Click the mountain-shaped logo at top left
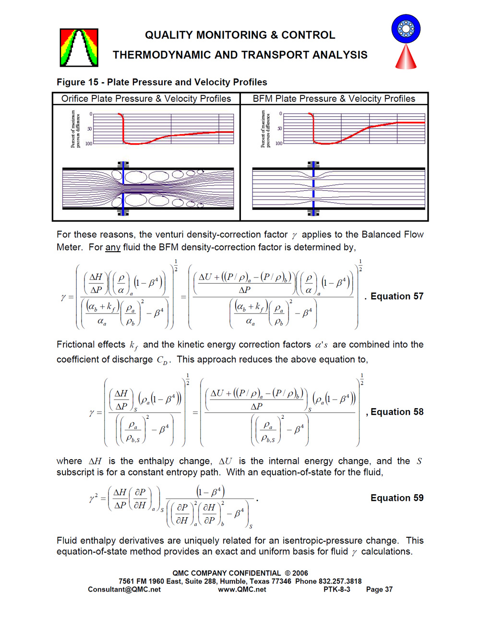(x=79, y=48)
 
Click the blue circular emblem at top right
(x=406, y=28)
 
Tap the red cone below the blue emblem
(x=406, y=57)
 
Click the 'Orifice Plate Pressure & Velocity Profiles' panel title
(x=146, y=99)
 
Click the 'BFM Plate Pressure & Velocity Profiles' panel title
(x=334, y=99)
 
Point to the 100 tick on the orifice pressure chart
(x=89, y=144)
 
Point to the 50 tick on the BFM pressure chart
(x=280, y=129)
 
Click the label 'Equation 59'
(x=397, y=498)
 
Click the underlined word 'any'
(x=113, y=247)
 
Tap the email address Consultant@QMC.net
(x=124, y=589)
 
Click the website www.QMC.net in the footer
(x=242, y=589)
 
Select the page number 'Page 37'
(x=379, y=589)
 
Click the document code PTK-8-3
(x=337, y=589)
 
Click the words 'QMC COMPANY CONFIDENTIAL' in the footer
(x=227, y=573)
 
